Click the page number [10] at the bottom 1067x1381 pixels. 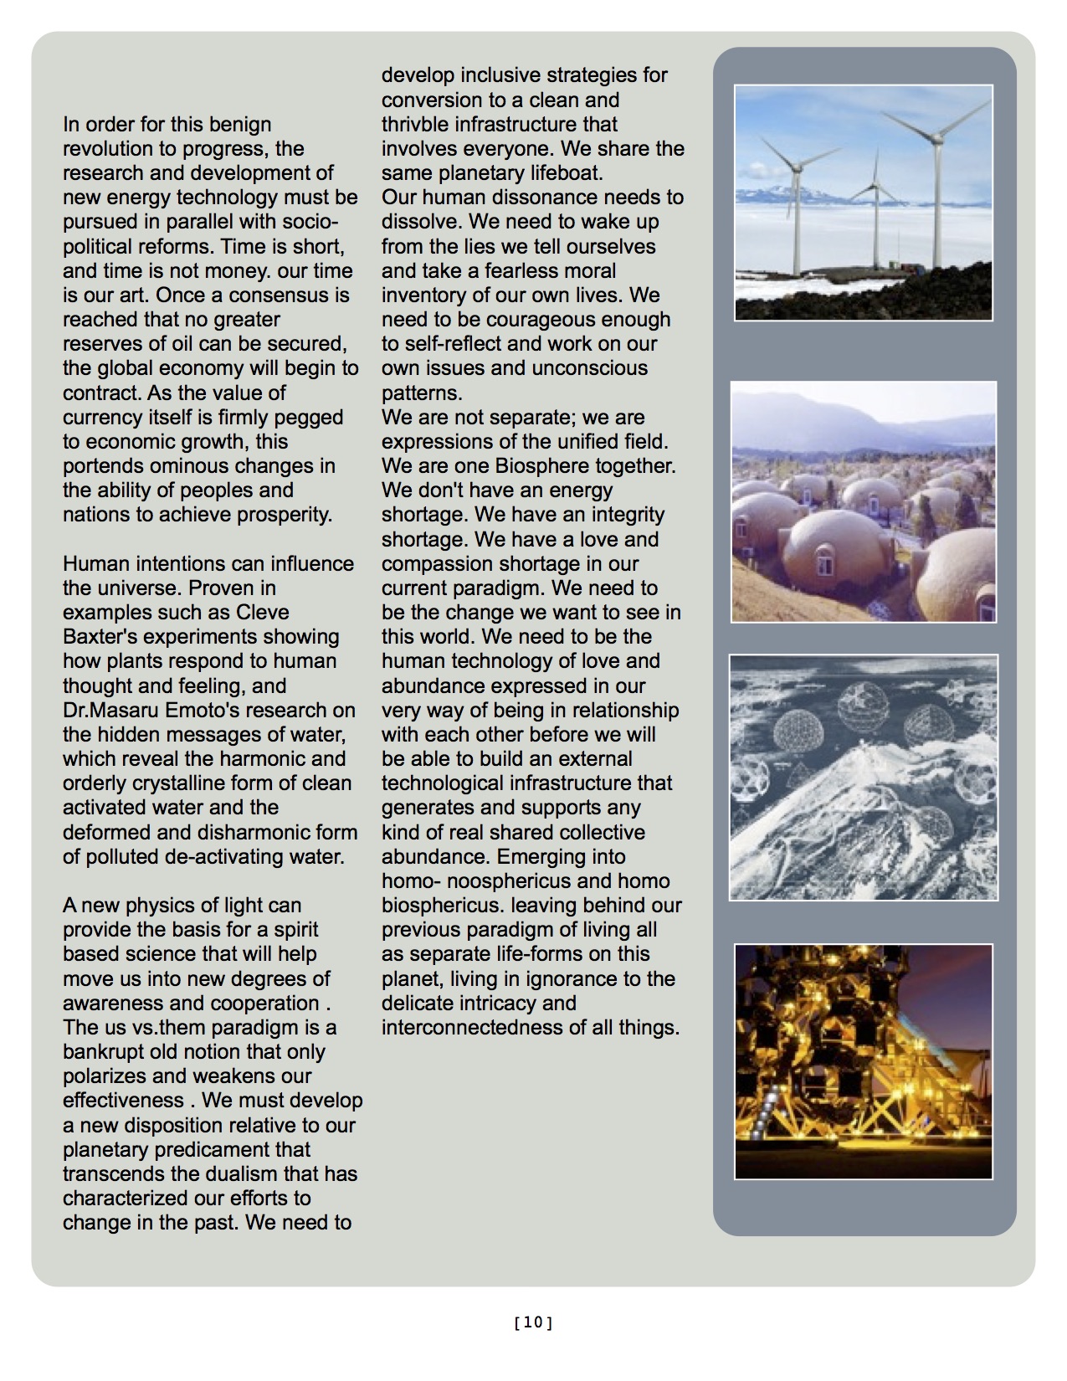[x=533, y=1323]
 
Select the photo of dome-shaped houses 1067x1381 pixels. [x=864, y=502]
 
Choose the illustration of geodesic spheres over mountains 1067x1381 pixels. [x=864, y=778]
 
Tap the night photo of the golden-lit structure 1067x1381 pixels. [x=864, y=1061]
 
